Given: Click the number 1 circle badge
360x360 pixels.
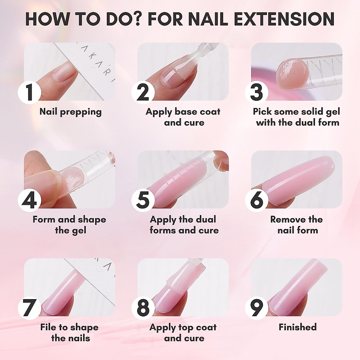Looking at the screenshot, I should [29, 92].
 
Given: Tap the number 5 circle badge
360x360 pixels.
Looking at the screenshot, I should [143, 200].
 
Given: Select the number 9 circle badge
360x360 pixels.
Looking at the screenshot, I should [257, 308].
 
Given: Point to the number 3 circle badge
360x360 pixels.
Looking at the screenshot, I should [257, 92].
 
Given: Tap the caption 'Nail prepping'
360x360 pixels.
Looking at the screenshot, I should [70, 112].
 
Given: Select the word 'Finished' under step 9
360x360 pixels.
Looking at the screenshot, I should [297, 327].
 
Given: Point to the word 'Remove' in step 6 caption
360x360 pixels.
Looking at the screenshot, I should [285, 219].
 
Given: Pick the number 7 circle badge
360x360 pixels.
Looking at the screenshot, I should [29, 308].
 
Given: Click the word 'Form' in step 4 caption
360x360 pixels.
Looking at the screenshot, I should [44, 219].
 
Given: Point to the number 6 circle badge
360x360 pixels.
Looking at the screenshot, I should [257, 200].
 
